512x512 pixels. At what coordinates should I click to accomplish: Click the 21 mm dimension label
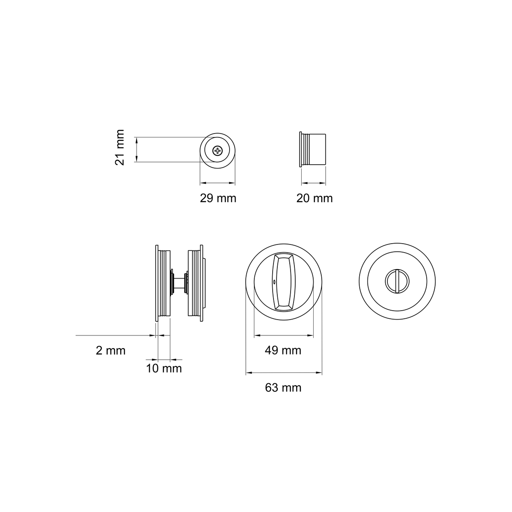pos(120,147)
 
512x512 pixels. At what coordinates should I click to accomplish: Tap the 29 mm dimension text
pos(218,198)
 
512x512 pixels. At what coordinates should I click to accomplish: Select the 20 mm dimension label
pos(314,198)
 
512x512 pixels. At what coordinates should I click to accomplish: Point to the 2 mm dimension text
pos(111,351)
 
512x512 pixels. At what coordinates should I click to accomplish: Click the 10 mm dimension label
pos(164,369)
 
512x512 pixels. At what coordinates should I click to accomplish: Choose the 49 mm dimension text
pos(283,351)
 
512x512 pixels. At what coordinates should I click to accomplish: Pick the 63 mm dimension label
pos(283,388)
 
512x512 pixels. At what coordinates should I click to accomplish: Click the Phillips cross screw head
pos(218,151)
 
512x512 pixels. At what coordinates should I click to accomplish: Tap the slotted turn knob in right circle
pos(397,281)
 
